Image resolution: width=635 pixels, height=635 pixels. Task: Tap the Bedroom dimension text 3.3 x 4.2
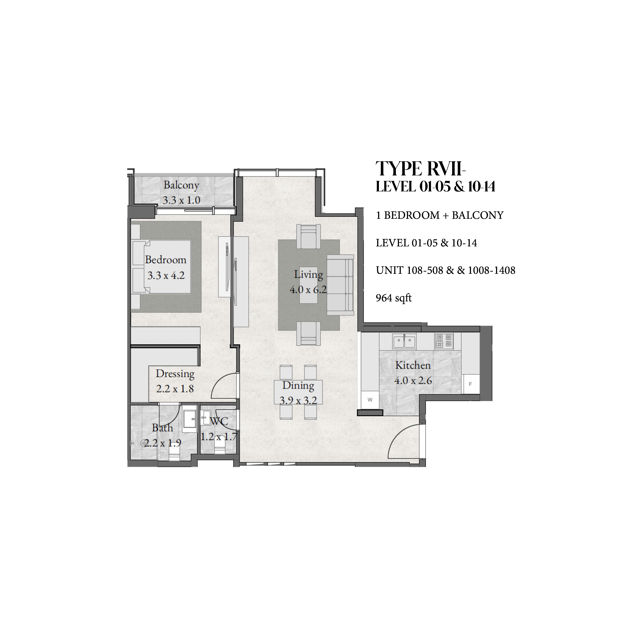[x=166, y=275]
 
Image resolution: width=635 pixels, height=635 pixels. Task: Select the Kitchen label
[x=413, y=365]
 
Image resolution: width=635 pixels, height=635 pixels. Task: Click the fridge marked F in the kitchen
[x=470, y=384]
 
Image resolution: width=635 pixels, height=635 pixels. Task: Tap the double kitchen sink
[x=404, y=341]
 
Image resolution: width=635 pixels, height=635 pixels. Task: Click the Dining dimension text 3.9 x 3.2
[x=298, y=400]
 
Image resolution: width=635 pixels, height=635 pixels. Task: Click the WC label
[x=219, y=421]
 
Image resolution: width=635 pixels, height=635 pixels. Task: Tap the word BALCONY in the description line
[x=478, y=215]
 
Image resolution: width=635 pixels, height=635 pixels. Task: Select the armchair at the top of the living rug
[x=308, y=236]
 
